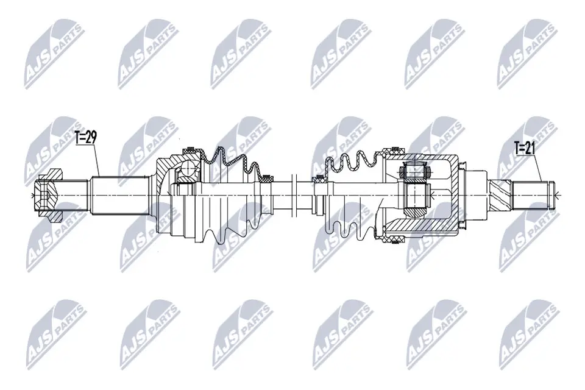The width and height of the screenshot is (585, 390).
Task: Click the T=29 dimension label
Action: tap(86, 138)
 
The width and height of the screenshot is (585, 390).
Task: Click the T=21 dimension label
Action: tap(525, 148)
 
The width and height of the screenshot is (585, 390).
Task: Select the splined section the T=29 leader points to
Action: tap(119, 195)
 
